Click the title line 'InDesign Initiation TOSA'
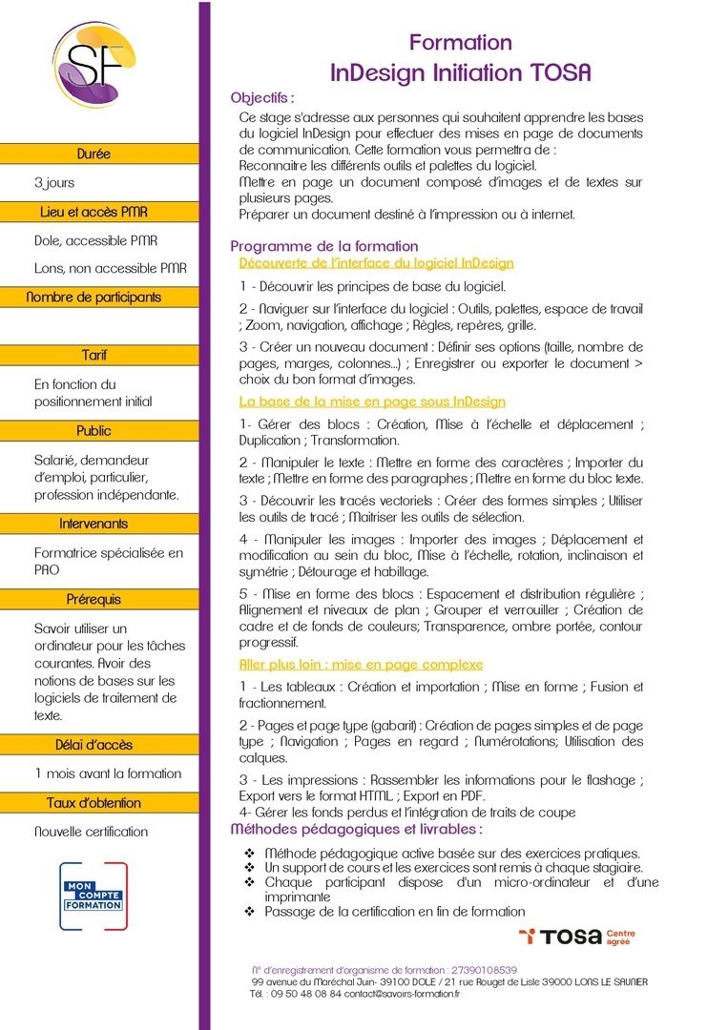click(x=460, y=72)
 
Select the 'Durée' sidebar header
click(x=94, y=154)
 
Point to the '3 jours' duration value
click(x=54, y=182)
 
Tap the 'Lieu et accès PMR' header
click(x=94, y=212)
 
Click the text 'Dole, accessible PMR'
click(x=96, y=240)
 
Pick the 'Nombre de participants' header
click(x=94, y=298)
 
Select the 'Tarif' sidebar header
click(x=94, y=355)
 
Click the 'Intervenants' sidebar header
click(x=94, y=524)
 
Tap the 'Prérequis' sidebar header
click(x=94, y=600)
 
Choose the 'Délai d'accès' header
click(x=94, y=745)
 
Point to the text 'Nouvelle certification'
click(x=92, y=832)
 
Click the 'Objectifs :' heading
click(x=262, y=97)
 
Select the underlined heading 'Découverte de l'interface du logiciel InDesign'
click(x=376, y=263)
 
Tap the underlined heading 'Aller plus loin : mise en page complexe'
click(x=361, y=664)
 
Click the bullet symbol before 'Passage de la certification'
click(x=250, y=912)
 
